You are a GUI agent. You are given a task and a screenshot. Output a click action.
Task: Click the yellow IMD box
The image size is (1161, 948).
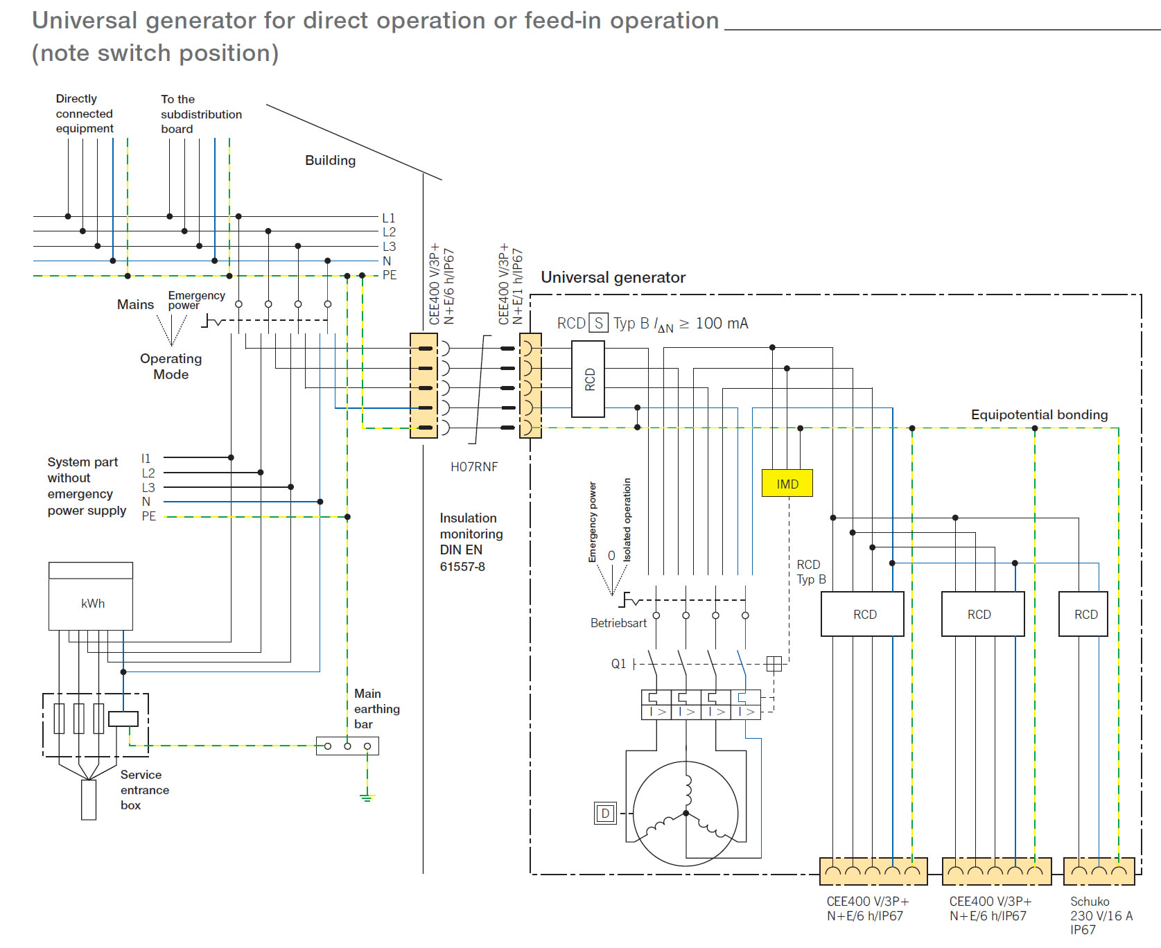tap(787, 483)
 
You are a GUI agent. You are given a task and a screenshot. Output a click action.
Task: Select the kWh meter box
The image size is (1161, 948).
tap(91, 596)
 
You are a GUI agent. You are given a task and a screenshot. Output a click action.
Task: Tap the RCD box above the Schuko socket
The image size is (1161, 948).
tap(1083, 614)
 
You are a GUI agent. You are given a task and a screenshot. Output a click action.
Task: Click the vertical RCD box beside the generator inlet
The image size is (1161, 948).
tap(588, 379)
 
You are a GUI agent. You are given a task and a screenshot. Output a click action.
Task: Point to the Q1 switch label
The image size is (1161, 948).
tap(618, 664)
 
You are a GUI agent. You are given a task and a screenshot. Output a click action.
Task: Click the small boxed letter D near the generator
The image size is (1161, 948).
tap(605, 813)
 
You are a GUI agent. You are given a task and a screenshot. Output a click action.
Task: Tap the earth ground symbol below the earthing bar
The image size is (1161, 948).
tap(367, 798)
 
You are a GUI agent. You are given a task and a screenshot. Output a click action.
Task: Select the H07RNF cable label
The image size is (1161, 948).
tap(474, 467)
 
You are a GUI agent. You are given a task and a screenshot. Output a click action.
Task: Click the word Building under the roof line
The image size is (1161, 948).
tap(331, 160)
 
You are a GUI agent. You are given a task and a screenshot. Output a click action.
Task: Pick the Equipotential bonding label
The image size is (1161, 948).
tap(1039, 414)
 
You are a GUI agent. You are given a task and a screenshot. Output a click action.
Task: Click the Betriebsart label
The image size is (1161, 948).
tap(618, 623)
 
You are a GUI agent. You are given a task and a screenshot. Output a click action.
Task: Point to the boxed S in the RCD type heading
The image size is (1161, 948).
tap(599, 323)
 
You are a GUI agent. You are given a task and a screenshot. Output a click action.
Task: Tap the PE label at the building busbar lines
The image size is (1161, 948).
tap(390, 275)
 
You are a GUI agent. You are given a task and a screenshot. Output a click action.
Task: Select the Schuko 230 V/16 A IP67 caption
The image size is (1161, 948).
tap(1101, 915)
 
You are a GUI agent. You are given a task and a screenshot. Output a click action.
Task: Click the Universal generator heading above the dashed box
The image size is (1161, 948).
tap(613, 277)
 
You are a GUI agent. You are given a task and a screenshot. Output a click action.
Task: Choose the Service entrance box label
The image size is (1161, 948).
tap(144, 790)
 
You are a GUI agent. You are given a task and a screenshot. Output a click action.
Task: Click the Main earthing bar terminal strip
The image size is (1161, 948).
tap(347, 746)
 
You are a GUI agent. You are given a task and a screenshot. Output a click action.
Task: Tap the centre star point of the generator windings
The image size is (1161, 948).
tap(686, 814)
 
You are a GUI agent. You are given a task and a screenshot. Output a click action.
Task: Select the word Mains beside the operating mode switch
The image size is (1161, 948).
tap(135, 304)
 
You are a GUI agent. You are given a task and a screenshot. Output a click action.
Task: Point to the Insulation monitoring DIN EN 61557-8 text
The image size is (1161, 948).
tap(471, 542)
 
